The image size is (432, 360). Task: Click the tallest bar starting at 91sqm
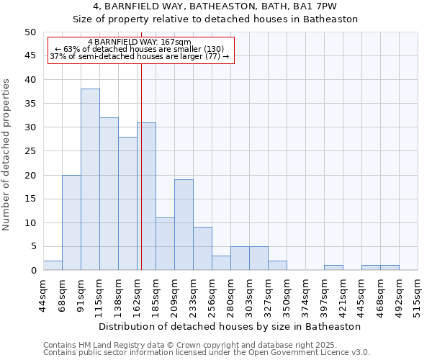point(90,179)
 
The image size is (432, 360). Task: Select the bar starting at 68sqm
point(71,222)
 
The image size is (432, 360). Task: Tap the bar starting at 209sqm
point(184,225)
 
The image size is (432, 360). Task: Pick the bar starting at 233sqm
point(202,248)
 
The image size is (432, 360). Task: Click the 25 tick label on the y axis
point(30,151)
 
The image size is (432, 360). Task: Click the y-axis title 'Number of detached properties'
point(7,155)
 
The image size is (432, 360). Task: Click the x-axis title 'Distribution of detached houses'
point(230,326)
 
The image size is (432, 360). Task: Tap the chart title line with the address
point(230,6)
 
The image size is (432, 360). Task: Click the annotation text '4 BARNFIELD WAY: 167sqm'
point(140,42)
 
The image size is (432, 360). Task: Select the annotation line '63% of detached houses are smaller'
point(140,49)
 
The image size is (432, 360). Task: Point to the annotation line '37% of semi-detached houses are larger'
point(140,56)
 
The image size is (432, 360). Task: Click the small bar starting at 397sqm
point(333,268)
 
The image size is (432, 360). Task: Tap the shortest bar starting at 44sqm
point(53,266)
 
